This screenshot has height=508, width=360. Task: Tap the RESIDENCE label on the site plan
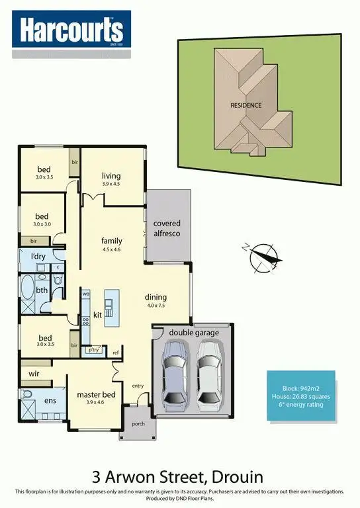click(x=246, y=105)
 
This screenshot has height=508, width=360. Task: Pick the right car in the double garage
click(x=209, y=377)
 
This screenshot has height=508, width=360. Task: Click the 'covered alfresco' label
click(x=167, y=228)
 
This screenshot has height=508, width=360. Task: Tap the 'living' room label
click(x=111, y=176)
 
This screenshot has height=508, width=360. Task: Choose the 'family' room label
click(x=112, y=241)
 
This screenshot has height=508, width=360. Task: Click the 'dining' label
click(x=156, y=297)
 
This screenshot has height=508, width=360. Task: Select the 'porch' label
click(x=138, y=424)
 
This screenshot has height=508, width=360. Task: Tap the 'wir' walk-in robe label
click(x=34, y=374)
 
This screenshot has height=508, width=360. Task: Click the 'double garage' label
click(x=194, y=332)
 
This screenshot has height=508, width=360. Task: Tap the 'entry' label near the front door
click(x=138, y=386)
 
